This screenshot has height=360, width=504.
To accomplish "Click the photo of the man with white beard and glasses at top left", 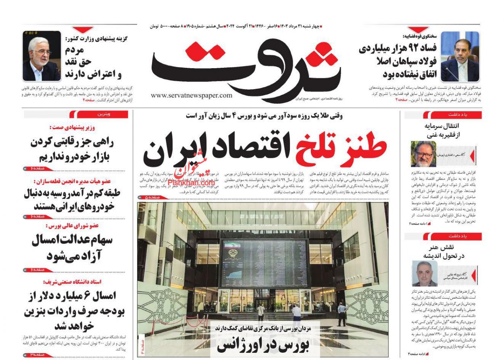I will click(42, 56).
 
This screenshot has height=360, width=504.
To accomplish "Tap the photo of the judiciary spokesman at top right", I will click(460, 57).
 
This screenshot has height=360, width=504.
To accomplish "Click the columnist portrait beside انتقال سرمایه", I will click(423, 154).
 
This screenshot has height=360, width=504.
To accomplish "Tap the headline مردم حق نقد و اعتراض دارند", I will click(93, 62).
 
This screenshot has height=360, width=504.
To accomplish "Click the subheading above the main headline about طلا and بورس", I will click(264, 116).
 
